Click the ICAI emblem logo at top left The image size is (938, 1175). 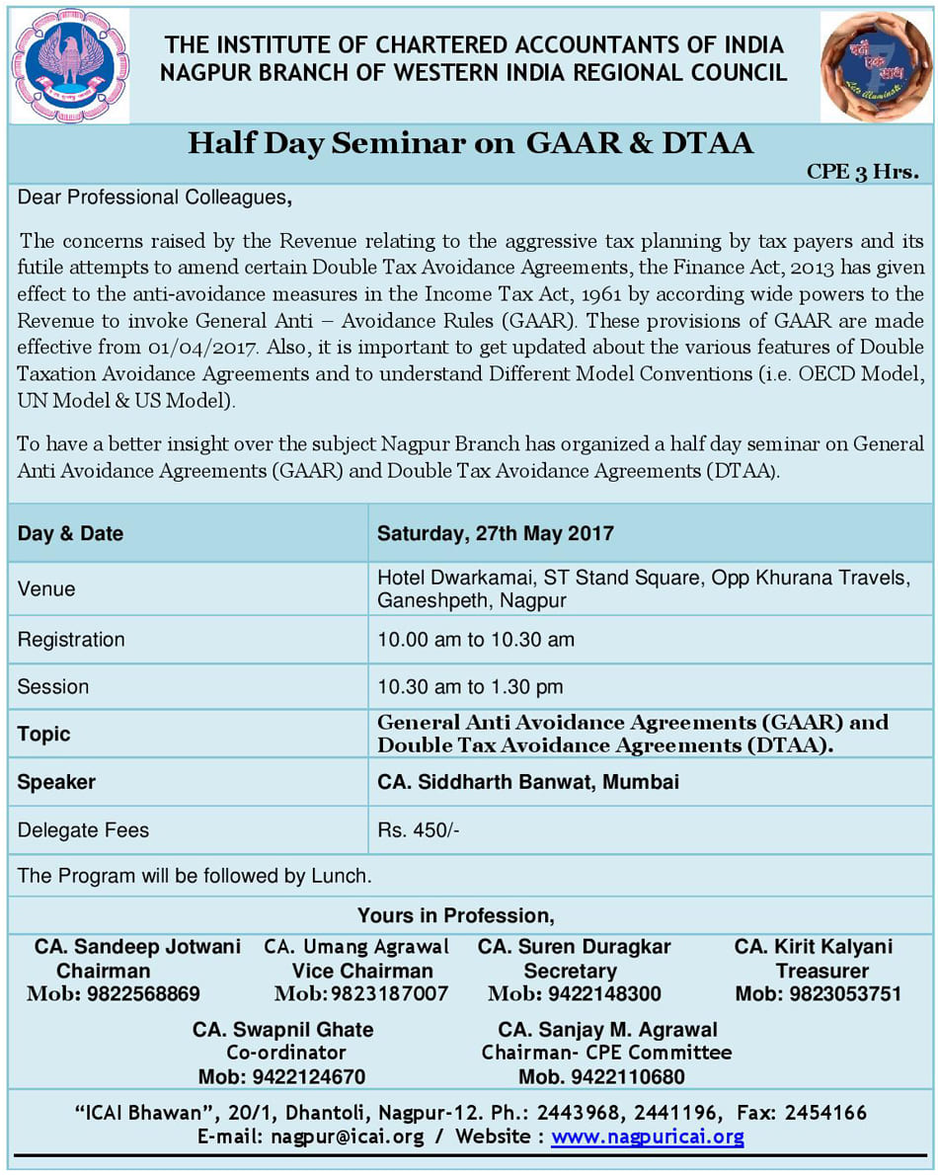click(x=69, y=65)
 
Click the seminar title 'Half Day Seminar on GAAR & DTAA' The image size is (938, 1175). click(x=470, y=144)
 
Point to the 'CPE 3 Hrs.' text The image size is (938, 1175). click(x=862, y=171)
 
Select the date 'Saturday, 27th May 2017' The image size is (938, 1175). click(x=495, y=534)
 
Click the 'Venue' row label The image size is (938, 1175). click(x=46, y=589)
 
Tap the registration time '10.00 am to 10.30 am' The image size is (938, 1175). click(x=475, y=640)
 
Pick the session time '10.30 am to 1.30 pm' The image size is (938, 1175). click(x=470, y=686)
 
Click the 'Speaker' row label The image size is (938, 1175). click(x=56, y=782)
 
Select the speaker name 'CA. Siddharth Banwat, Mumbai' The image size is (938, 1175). click(x=528, y=782)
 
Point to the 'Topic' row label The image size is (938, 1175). click(x=44, y=734)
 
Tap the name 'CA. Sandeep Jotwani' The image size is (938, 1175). click(x=137, y=947)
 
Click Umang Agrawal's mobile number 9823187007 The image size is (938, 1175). click(x=389, y=993)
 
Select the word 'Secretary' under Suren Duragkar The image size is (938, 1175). click(x=570, y=971)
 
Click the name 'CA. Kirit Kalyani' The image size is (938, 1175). click(x=813, y=947)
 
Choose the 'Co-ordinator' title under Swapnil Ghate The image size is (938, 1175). click(x=286, y=1053)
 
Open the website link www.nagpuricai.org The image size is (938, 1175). click(x=648, y=1136)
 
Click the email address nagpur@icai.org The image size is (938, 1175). click(x=346, y=1136)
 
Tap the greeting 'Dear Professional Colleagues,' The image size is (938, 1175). click(x=154, y=197)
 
